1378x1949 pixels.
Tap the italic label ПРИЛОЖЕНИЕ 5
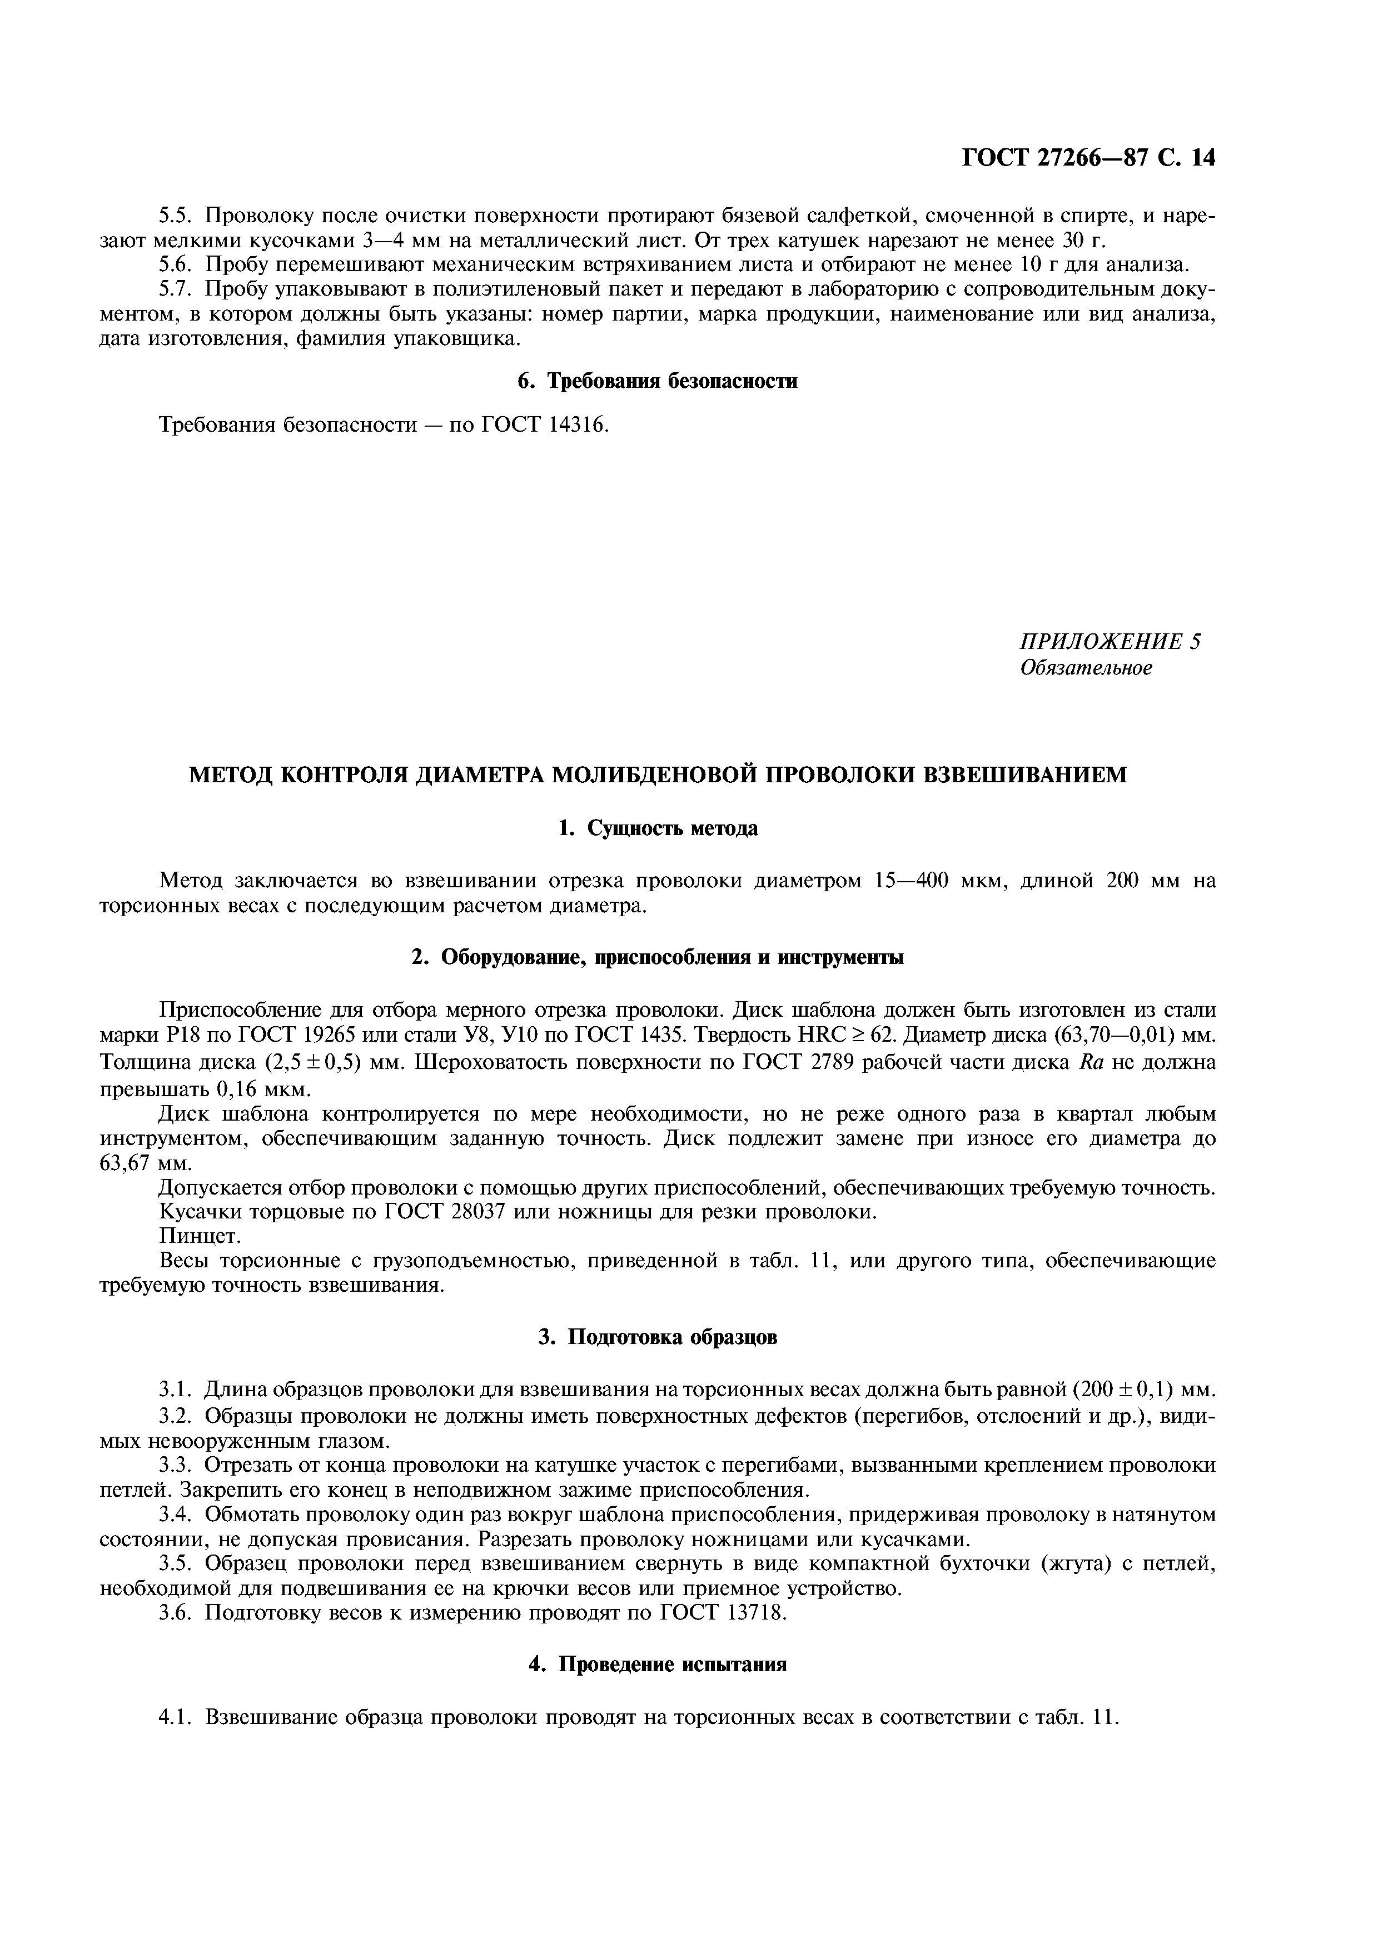(1110, 642)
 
